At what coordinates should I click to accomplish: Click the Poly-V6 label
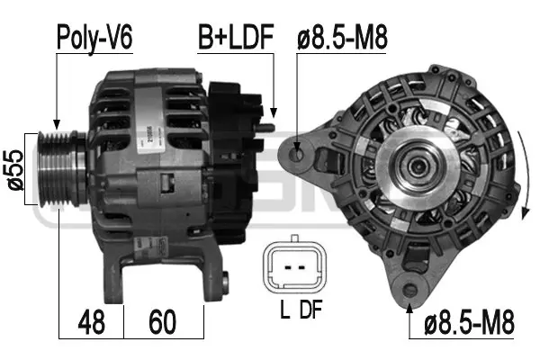pos(95,39)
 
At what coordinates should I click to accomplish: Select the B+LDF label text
pos(237,39)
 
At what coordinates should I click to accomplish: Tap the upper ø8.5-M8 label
pos(345,39)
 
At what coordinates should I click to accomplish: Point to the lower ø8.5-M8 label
pos(472,320)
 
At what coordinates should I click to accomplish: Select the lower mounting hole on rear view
pos(411,290)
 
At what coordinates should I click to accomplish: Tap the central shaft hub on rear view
pos(417,166)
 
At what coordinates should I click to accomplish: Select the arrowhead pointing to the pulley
pos(57,124)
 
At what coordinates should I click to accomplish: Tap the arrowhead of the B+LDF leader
pos(273,113)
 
